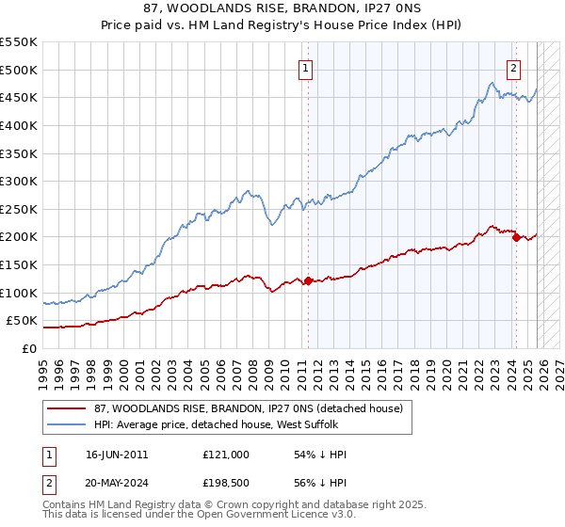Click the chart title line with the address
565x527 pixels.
[282, 8]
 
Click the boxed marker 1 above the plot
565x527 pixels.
[307, 67]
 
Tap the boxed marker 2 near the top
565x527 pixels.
[514, 67]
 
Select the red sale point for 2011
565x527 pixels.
[308, 280]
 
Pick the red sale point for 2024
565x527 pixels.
[516, 237]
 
